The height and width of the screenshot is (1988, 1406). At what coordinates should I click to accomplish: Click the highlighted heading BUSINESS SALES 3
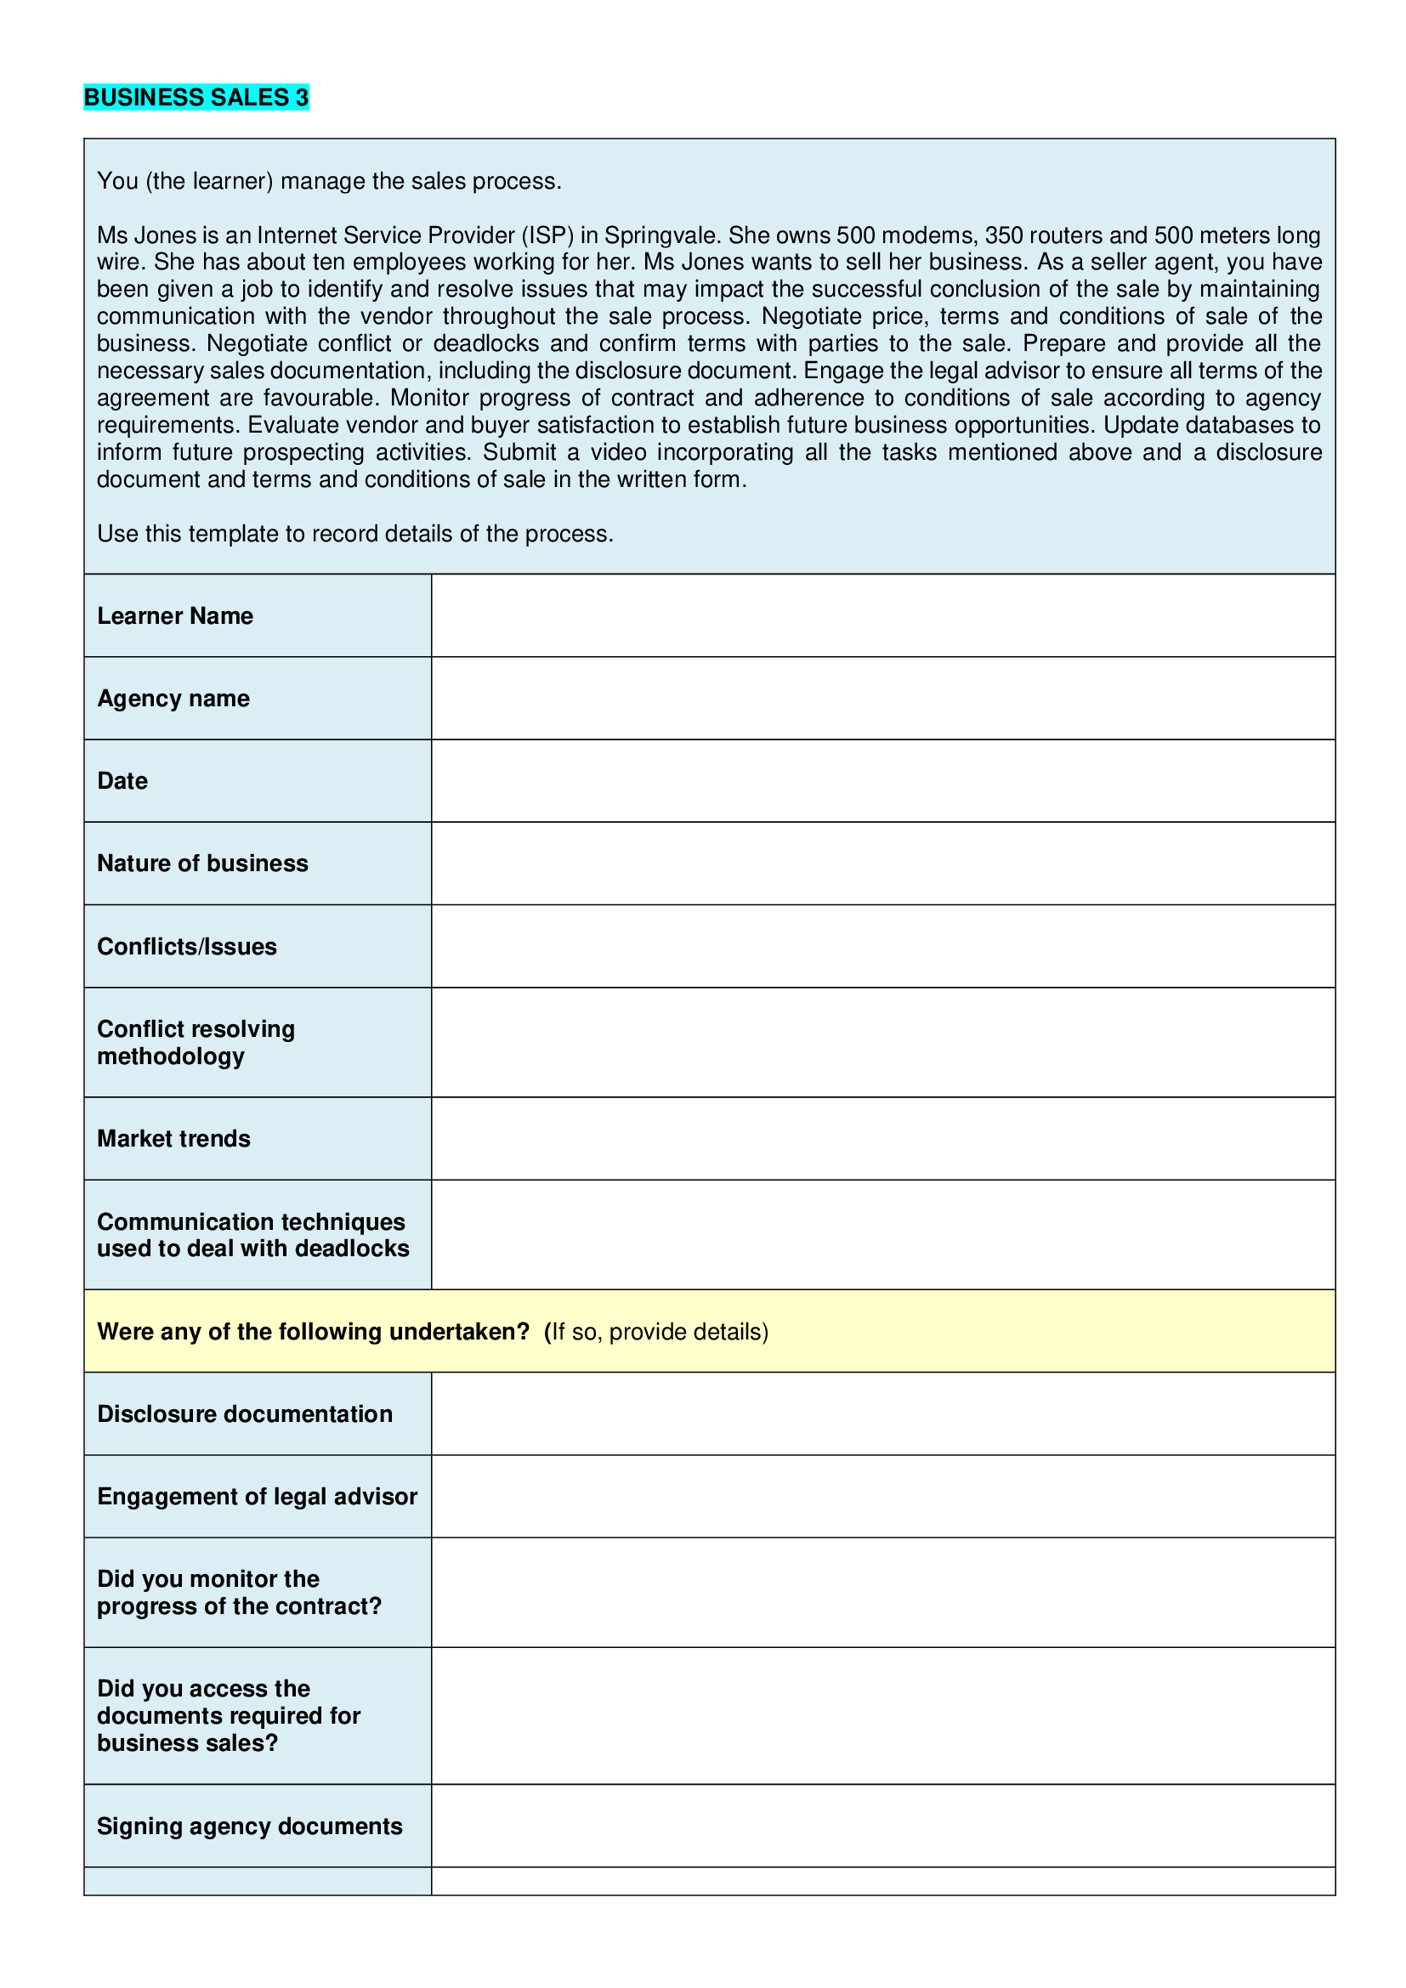tap(196, 97)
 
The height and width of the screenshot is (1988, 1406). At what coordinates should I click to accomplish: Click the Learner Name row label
tap(175, 615)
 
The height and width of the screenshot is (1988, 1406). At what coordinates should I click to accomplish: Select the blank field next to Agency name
tap(882, 698)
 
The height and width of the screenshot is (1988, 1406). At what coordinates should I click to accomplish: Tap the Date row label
tap(122, 781)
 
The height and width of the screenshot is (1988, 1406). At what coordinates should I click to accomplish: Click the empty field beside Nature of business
tap(882, 864)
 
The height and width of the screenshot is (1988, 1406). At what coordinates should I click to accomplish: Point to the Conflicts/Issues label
tap(187, 946)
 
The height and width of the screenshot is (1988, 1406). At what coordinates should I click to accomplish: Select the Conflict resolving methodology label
tap(196, 1043)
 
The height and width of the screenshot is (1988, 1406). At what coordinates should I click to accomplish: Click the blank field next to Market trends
tap(882, 1139)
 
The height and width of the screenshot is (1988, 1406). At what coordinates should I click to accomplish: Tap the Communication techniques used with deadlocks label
tap(252, 1235)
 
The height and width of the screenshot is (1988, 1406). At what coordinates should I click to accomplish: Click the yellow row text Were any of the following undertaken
tap(313, 1332)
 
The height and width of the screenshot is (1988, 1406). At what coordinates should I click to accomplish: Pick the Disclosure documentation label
tap(244, 1414)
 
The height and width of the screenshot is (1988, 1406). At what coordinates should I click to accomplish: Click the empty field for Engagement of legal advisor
tap(882, 1496)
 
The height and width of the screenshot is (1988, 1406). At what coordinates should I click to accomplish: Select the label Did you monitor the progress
tap(239, 1592)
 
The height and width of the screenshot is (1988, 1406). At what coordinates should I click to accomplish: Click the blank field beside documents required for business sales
tap(882, 1716)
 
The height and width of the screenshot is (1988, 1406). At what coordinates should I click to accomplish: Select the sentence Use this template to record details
tap(355, 535)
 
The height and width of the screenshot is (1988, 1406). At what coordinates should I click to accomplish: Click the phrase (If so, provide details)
tap(655, 1332)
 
